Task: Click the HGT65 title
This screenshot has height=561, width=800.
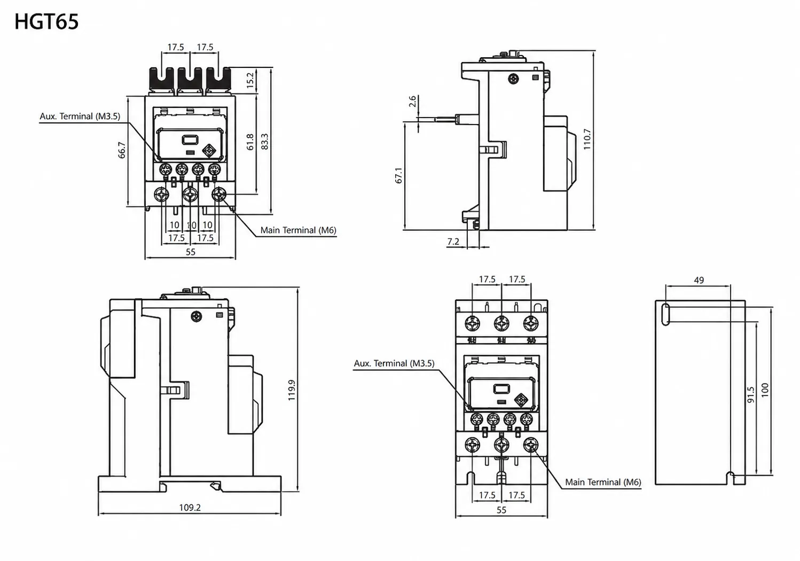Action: pos(46,21)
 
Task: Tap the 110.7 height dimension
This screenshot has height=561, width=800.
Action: pos(587,139)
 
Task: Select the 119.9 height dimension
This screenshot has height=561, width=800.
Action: pos(292,390)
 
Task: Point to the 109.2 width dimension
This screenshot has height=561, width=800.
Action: pos(190,508)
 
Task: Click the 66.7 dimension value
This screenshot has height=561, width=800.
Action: pos(122,150)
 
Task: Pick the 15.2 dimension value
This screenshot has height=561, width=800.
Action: pos(250,80)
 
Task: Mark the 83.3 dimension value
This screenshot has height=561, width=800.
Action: pos(265,142)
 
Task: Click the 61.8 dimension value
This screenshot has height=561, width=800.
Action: pos(250,142)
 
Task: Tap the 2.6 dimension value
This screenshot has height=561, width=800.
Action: pos(412,101)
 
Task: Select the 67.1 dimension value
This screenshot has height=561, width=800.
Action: pos(398,175)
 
